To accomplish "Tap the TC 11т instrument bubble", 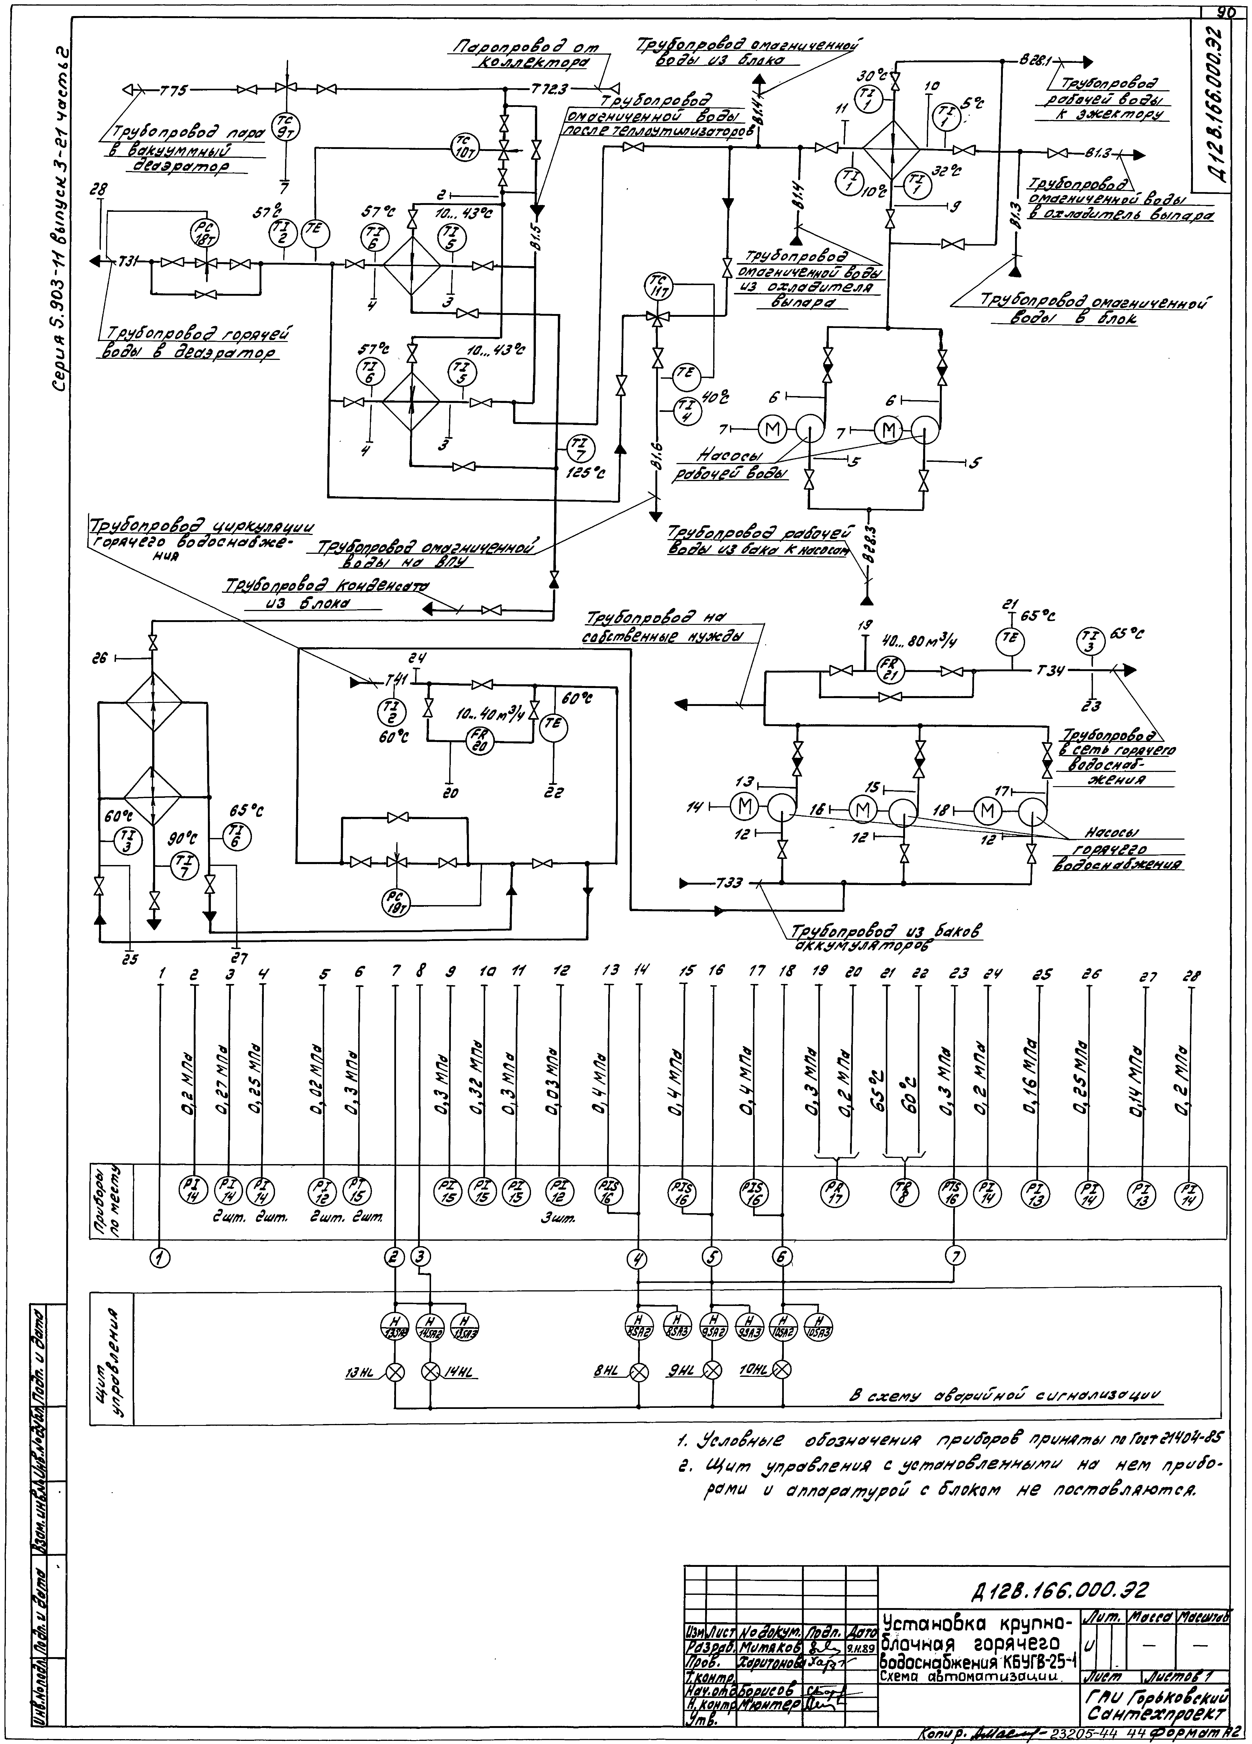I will click(656, 286).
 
